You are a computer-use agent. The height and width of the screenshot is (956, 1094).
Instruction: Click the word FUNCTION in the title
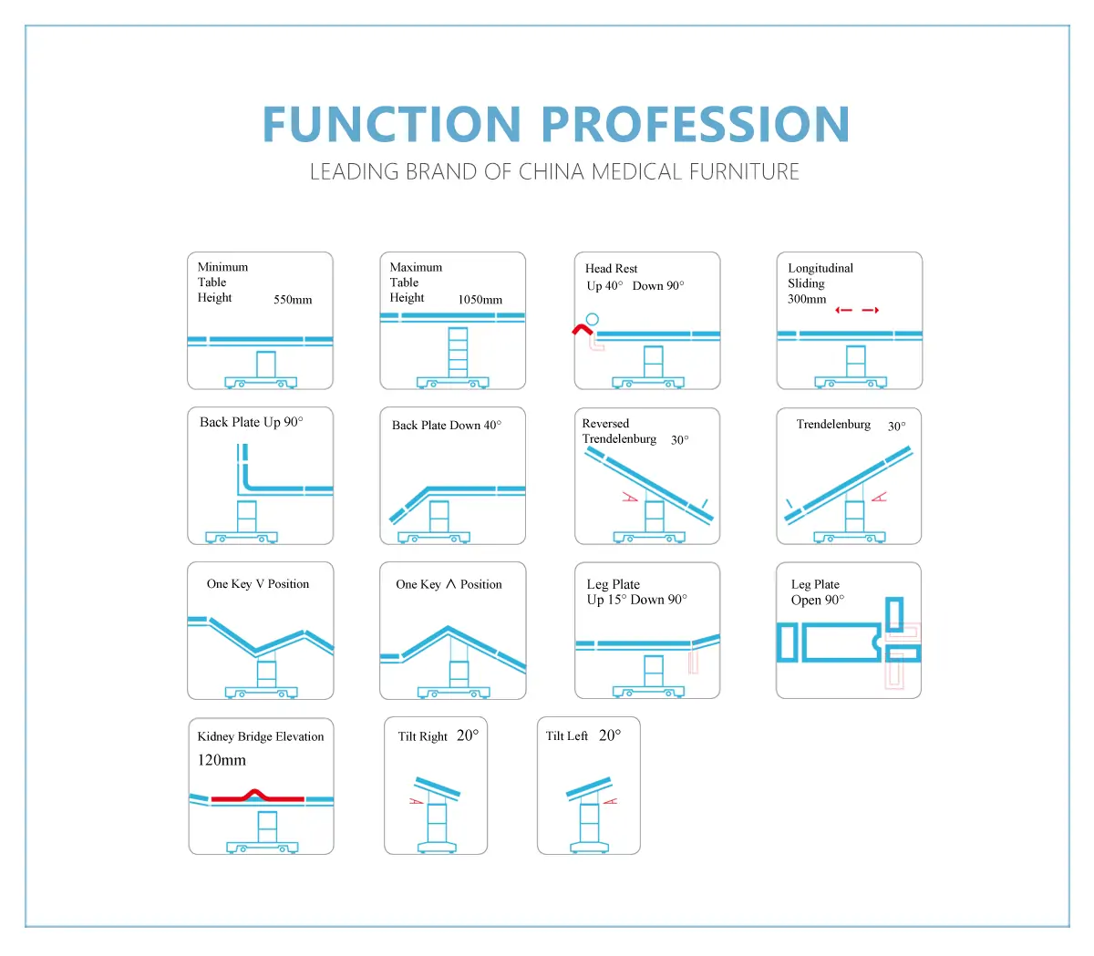pos(391,124)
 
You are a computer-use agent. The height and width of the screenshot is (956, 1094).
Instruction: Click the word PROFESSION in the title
pos(695,124)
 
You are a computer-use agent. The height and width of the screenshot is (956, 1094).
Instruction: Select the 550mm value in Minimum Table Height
pos(293,300)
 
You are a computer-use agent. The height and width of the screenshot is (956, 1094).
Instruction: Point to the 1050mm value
pos(480,300)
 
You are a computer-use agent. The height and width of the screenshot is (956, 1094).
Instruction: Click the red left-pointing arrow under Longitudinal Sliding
pos(843,310)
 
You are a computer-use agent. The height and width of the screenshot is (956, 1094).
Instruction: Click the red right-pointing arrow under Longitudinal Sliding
pos(871,310)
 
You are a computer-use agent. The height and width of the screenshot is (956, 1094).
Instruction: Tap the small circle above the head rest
pos(592,319)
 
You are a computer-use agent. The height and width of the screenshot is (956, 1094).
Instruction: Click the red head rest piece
pos(583,329)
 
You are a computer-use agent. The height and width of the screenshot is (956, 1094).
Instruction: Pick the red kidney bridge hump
pos(255,794)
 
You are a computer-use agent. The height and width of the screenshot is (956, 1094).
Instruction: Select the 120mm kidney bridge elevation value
pos(222,760)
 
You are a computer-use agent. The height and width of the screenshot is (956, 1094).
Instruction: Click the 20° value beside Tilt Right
pos(468,735)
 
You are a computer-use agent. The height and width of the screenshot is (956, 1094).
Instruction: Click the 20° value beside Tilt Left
pos(610,735)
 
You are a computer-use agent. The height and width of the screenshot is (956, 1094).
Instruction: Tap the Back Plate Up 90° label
pos(252,422)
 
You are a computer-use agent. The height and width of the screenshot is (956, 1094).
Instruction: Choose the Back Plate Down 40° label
pos(447,426)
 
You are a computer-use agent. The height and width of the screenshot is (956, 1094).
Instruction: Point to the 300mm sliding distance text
pos(807,299)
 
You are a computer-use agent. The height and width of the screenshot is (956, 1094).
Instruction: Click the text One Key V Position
pos(258,583)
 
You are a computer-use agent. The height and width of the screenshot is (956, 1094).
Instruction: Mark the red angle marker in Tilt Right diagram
pos(416,800)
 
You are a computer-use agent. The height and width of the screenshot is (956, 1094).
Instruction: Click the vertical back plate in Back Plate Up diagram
pos(243,465)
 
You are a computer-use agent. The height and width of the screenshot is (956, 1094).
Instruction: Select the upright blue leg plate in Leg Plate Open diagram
pos(894,614)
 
